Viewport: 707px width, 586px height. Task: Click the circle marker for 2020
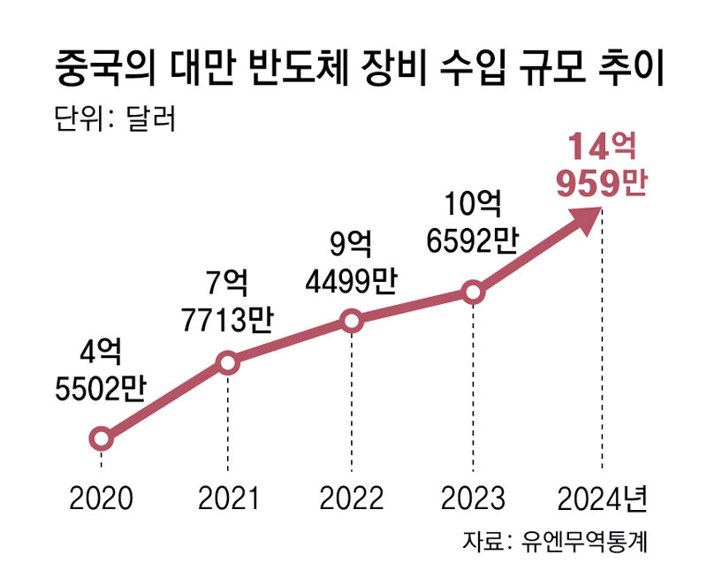(101, 438)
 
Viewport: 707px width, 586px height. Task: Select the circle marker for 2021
(227, 362)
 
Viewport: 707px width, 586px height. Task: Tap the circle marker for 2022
(352, 321)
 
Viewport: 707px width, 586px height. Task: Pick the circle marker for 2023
(474, 292)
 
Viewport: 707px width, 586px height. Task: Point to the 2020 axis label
(101, 498)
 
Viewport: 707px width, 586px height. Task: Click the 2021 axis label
(228, 498)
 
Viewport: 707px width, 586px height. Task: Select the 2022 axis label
(352, 498)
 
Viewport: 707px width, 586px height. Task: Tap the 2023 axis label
(474, 498)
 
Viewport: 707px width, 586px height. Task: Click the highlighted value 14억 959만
(602, 164)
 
